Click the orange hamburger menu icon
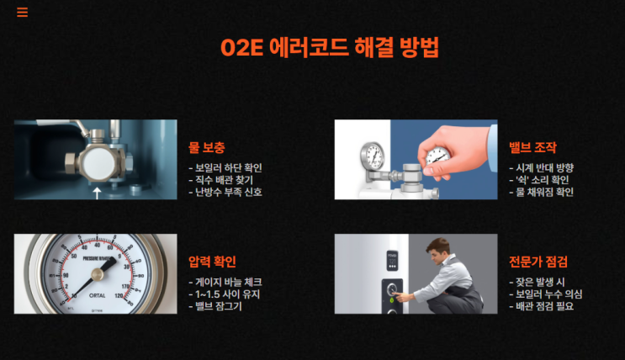(23, 13)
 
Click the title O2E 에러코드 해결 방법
(330, 47)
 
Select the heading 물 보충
(206, 147)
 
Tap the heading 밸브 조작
(532, 147)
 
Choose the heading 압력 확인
(212, 262)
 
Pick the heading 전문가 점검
(538, 262)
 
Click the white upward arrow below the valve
(97, 193)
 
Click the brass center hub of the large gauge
(98, 274)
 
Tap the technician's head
(437, 251)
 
